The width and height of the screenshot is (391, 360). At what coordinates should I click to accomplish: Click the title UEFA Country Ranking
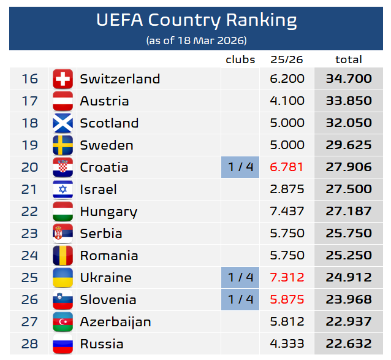[196, 20]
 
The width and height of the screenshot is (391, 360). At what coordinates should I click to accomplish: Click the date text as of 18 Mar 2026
[196, 40]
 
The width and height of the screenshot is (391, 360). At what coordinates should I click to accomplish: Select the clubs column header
[240, 59]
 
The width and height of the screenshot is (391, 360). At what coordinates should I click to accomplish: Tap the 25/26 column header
[287, 59]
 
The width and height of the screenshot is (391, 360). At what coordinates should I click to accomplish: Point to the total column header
[349, 59]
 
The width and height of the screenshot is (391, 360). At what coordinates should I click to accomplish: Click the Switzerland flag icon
[63, 79]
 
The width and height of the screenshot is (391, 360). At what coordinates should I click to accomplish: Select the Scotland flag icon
[63, 123]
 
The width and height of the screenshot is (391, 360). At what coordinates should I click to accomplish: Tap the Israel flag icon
[63, 190]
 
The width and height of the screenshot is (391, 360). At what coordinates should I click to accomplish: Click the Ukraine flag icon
[63, 278]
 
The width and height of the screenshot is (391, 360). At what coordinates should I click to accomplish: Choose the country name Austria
[104, 101]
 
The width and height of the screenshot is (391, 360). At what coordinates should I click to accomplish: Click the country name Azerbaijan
[115, 322]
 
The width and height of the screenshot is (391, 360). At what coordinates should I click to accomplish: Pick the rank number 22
[29, 212]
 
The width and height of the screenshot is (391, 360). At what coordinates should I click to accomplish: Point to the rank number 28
[29, 344]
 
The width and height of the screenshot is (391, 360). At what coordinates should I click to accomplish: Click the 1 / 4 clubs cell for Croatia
[240, 167]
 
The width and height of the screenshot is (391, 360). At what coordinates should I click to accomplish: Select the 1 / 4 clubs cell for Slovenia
[240, 300]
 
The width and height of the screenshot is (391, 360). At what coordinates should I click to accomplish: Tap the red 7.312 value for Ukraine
[287, 278]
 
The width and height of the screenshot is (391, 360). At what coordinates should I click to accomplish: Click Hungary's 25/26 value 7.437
[287, 212]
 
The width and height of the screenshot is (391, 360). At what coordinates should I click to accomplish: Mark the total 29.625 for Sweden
[349, 145]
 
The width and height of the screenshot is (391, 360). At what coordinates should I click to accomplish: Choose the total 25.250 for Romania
[349, 256]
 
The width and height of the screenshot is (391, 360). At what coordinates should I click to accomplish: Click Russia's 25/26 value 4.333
[287, 344]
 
